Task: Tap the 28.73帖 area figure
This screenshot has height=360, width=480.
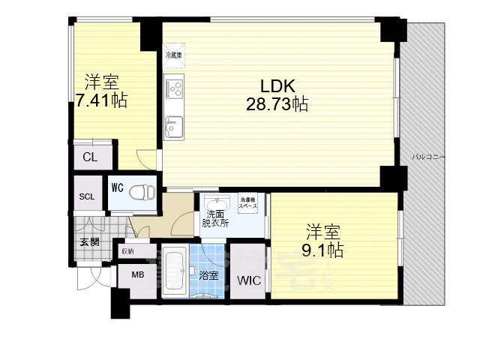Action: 276,103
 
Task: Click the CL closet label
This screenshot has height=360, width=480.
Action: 90,157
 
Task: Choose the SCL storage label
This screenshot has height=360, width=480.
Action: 87,197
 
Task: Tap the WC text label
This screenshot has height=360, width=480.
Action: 118,187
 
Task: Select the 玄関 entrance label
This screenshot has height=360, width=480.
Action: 89,241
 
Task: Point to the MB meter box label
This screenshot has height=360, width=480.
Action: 138,275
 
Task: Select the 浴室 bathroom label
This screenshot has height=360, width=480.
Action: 210,275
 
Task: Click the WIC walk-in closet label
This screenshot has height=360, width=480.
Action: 248,281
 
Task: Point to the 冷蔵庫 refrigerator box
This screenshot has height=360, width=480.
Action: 173,55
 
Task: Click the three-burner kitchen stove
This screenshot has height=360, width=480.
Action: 175,89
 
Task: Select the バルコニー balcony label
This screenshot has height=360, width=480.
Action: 429,157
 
